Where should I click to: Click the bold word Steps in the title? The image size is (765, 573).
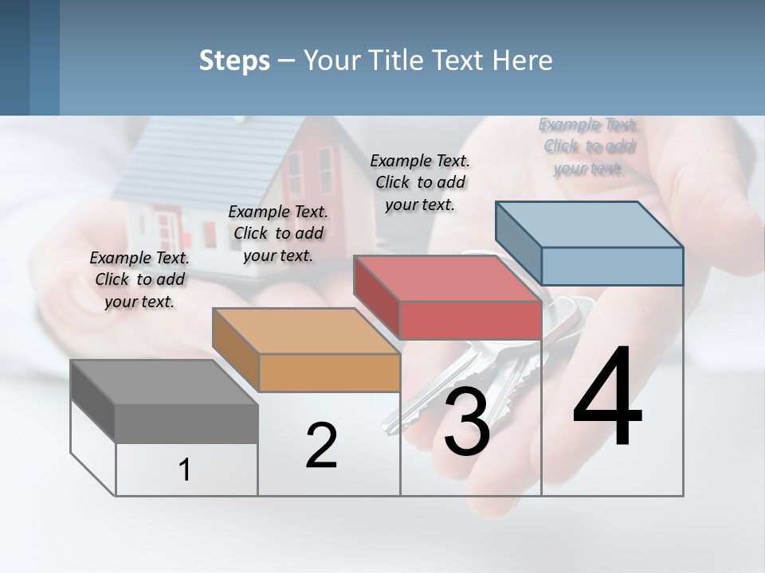click(234, 60)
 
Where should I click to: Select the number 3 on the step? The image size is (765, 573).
click(466, 422)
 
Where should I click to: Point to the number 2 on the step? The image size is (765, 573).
click(321, 446)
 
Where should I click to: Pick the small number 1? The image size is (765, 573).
click(185, 470)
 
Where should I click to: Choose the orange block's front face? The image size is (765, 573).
click(328, 372)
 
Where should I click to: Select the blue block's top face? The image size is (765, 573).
click(590, 224)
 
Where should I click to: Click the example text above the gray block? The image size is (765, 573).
click(139, 279)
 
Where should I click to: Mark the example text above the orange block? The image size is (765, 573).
click(278, 233)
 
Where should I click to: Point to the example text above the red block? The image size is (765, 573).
click(420, 182)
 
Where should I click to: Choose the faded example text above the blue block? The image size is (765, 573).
click(588, 146)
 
